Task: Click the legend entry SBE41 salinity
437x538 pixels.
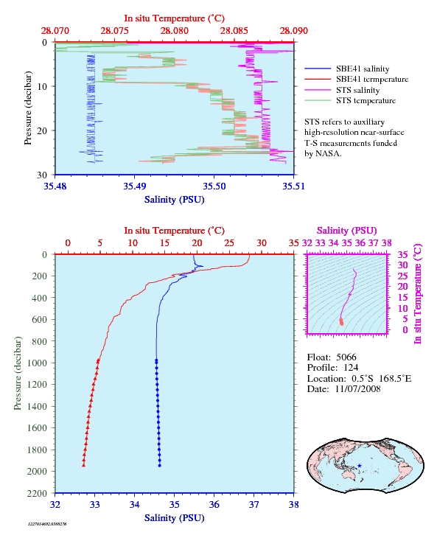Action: pyautogui.click(x=347, y=69)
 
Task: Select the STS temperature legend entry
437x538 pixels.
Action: pyautogui.click(x=350, y=100)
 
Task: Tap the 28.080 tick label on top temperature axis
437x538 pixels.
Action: pyautogui.click(x=174, y=31)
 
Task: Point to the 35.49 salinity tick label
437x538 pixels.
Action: pyautogui.click(x=134, y=186)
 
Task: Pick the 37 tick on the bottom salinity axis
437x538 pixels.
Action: pyautogui.click(x=254, y=505)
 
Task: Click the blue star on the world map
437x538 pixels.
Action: pyautogui.click(x=359, y=466)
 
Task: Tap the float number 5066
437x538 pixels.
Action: pyautogui.click(x=346, y=357)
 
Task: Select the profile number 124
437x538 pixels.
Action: pyautogui.click(x=351, y=368)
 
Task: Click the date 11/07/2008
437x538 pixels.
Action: pyautogui.click(x=357, y=389)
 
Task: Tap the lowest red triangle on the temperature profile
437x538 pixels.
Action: pyautogui.click(x=83, y=465)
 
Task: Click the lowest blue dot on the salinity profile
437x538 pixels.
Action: pyautogui.click(x=159, y=466)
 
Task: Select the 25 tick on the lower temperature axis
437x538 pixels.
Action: pyautogui.click(x=229, y=243)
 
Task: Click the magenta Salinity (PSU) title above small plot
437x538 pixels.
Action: pyautogui.click(x=347, y=231)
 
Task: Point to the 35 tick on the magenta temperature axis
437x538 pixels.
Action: pyautogui.click(x=402, y=254)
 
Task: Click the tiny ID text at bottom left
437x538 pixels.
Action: pyautogui.click(x=47, y=524)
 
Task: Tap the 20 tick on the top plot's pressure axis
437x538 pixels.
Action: pyautogui.click(x=42, y=130)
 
